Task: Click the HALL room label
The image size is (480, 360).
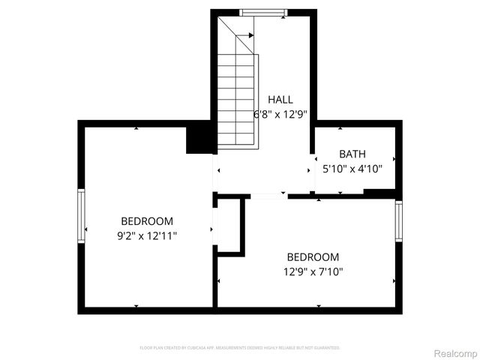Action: point(280,99)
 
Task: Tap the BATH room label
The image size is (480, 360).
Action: point(352,154)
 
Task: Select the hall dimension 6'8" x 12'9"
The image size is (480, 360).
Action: point(280,115)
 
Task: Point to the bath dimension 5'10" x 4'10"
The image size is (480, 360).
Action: point(352,169)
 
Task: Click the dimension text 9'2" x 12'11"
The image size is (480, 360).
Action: point(147,235)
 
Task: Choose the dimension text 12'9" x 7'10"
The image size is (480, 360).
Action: point(313,271)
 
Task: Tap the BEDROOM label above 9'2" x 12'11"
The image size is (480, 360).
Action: point(147,221)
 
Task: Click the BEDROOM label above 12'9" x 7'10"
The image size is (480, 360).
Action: point(313,256)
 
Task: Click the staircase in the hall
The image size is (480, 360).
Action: point(238,97)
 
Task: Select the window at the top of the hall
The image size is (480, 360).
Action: point(262,12)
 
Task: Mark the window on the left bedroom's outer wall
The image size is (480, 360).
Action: point(81,215)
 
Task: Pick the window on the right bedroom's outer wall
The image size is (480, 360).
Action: point(399,223)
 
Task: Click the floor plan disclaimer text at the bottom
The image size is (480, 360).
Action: point(240,348)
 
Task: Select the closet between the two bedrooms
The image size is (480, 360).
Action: point(228,226)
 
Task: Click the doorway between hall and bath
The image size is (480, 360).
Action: point(313,170)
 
